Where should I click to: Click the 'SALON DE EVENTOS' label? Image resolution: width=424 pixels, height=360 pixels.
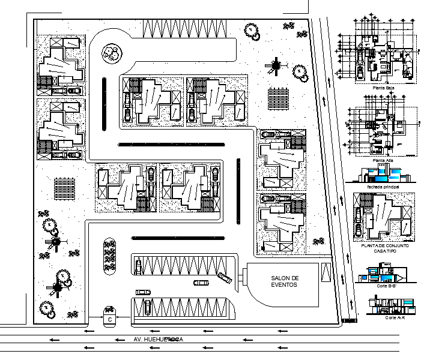click(x=285, y=281)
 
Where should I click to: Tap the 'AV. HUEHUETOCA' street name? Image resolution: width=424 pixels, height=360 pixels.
click(x=157, y=340)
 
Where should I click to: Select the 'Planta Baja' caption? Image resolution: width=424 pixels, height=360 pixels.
click(x=383, y=88)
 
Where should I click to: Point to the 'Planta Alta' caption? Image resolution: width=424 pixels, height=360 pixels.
click(x=383, y=160)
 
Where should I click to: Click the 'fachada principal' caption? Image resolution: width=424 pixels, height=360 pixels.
click(x=381, y=186)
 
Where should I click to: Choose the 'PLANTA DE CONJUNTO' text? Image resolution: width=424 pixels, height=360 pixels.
click(x=383, y=247)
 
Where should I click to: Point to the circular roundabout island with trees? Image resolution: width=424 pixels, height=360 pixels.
click(x=110, y=53)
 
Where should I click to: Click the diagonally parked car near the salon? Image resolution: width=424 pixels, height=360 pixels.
click(x=225, y=277)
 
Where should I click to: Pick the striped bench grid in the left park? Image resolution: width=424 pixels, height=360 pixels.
click(x=63, y=190)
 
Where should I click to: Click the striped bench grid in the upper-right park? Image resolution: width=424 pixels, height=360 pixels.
click(x=279, y=97)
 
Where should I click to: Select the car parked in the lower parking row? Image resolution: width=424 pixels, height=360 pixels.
click(x=146, y=307)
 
